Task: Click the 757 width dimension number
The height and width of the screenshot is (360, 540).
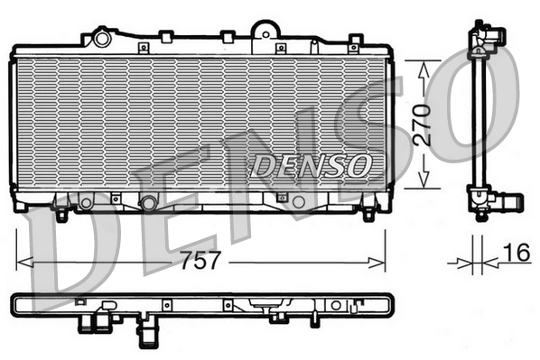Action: pyautogui.click(x=200, y=262)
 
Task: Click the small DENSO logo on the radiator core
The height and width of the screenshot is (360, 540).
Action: pyautogui.click(x=310, y=164)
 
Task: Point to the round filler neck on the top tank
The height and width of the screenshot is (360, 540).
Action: pyautogui.click(x=101, y=39)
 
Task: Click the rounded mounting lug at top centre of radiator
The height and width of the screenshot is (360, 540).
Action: pyautogui.click(x=264, y=30)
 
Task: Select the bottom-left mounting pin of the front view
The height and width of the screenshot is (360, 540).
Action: pyautogui.click(x=61, y=216)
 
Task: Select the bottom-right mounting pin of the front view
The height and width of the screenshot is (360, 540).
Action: pyautogui.click(x=368, y=215)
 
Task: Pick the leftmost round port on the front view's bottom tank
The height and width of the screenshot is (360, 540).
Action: pyautogui.click(x=86, y=203)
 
